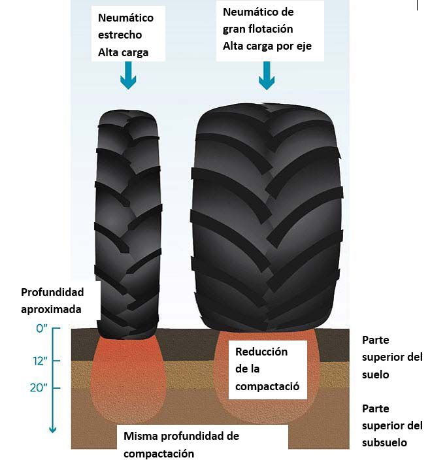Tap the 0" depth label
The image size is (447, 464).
(x=42, y=329)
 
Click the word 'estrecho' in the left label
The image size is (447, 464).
(x=120, y=34)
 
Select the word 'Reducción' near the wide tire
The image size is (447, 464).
(x=261, y=352)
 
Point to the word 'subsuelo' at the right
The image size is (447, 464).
(x=385, y=442)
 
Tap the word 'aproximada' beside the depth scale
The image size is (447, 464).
(x=51, y=308)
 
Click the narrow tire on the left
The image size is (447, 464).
(x=127, y=222)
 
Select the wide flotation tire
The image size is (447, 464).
(x=267, y=222)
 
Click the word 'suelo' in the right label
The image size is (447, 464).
(x=376, y=374)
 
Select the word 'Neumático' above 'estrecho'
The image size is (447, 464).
(x=125, y=18)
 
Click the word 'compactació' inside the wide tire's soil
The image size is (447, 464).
(x=267, y=386)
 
